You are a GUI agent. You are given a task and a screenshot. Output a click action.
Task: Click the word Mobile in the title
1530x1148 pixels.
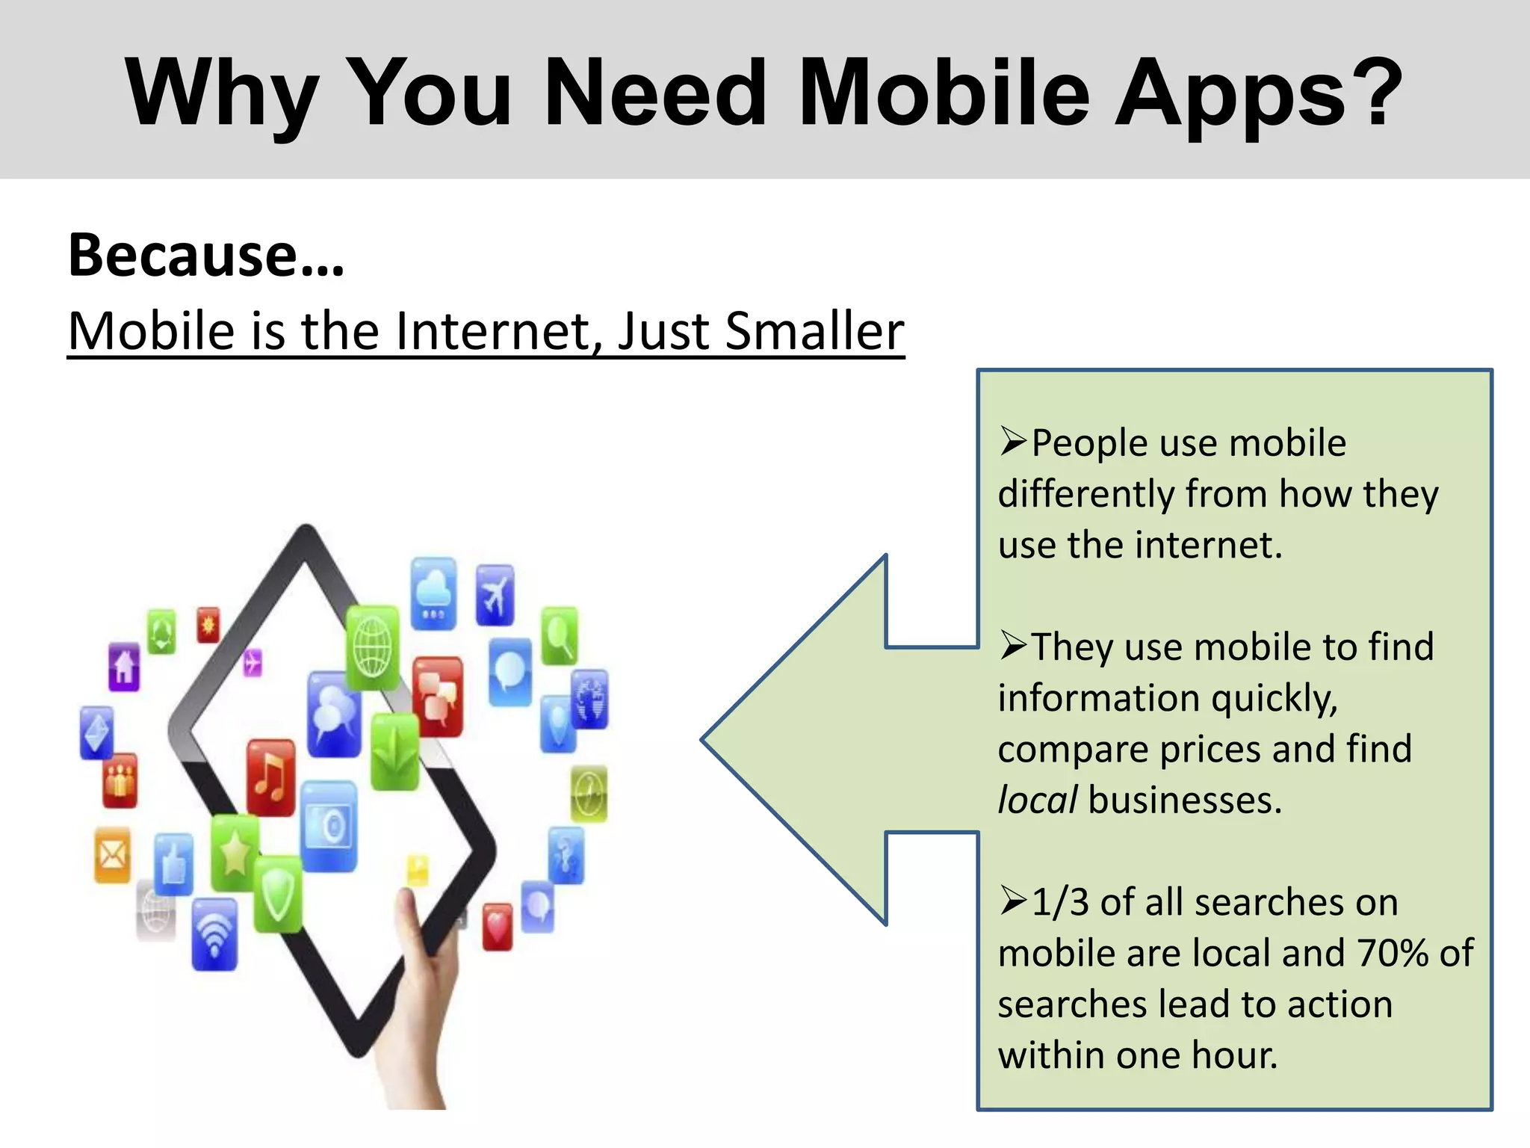(944, 93)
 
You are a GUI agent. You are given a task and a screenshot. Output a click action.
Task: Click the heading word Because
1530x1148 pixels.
(184, 255)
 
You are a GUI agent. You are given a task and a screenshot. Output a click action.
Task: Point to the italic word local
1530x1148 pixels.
(1037, 800)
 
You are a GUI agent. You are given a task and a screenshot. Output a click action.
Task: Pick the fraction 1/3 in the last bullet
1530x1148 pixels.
(1059, 902)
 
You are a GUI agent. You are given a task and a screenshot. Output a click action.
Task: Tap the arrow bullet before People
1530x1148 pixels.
(1013, 442)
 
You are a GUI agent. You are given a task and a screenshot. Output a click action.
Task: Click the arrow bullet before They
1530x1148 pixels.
(1013, 645)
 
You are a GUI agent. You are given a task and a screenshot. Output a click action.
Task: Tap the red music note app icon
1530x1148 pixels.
(270, 777)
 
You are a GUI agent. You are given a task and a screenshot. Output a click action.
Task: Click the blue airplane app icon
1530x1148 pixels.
(495, 595)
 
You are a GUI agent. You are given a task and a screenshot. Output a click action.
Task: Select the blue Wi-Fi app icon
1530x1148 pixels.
(214, 934)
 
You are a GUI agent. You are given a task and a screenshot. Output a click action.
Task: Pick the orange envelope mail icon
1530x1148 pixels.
(113, 854)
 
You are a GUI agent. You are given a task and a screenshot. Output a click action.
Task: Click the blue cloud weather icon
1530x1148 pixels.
(433, 593)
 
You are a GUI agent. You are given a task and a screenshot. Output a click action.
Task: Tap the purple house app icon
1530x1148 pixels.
(124, 666)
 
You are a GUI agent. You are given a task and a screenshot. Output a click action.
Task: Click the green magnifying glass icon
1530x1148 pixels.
(559, 635)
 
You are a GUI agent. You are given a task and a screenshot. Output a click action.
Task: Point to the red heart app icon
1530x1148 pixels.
(497, 928)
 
